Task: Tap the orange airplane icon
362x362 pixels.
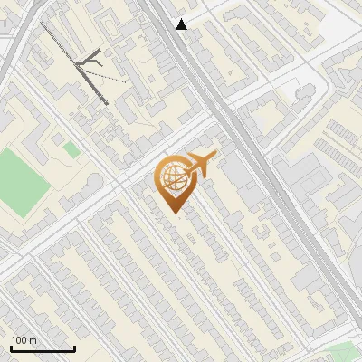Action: (x=200, y=165)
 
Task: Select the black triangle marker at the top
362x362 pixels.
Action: (x=182, y=24)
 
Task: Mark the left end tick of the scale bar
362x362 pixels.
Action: (x=11, y=348)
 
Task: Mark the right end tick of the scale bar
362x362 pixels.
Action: (x=74, y=348)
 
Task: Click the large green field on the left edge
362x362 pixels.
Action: (x=22, y=176)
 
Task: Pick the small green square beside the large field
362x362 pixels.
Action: (x=71, y=148)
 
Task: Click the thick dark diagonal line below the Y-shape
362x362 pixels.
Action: (x=94, y=87)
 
